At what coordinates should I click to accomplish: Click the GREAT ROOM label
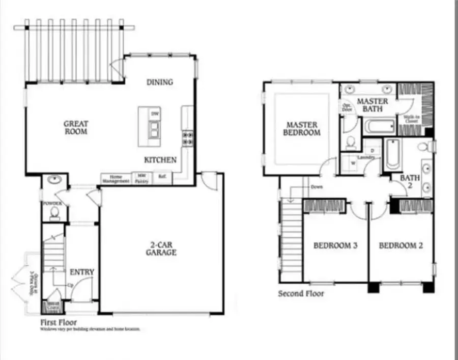click(76, 127)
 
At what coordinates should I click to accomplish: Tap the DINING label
click(159, 82)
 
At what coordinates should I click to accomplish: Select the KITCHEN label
click(160, 160)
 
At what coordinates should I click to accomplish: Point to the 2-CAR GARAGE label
click(161, 248)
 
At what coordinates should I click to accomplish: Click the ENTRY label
click(81, 272)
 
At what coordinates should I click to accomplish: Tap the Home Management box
click(116, 179)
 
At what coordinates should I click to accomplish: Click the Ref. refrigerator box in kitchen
click(162, 178)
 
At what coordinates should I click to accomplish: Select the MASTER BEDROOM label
click(302, 128)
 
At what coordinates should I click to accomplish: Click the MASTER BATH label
click(373, 104)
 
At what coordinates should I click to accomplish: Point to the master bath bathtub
click(379, 126)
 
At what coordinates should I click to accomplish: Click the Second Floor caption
click(301, 294)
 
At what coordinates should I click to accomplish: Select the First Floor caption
click(59, 322)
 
